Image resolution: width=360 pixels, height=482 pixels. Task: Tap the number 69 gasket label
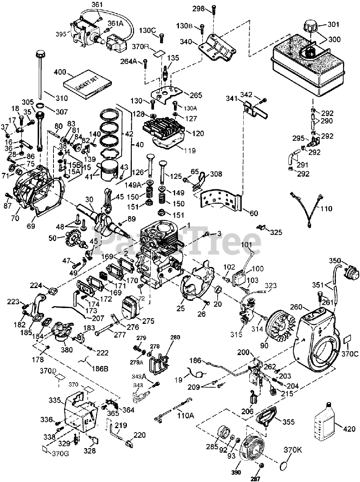[31, 226]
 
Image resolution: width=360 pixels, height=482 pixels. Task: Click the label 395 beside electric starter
[61, 34]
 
